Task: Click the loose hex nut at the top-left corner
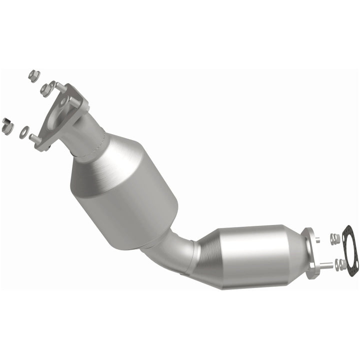tap(34, 76)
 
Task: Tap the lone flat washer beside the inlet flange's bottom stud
tap(23, 133)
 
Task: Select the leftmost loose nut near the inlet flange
tap(7, 126)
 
